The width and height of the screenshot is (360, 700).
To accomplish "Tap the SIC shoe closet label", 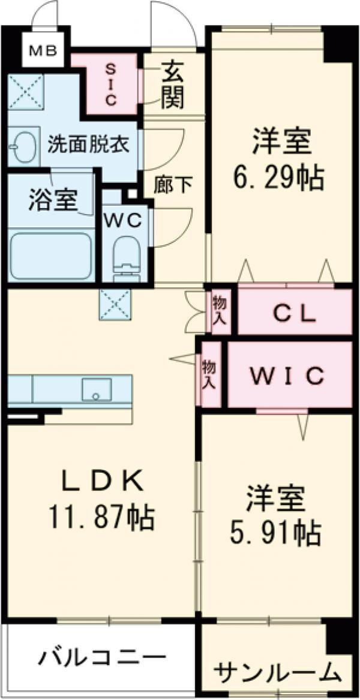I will pos(111,85).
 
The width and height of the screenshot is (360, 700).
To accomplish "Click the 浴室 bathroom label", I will pos(53,200).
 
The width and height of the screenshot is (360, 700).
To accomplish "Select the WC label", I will pos(125,220).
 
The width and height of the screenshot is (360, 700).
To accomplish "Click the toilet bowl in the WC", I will pos(126,258).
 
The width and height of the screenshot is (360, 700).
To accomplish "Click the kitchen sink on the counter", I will pos(96,389).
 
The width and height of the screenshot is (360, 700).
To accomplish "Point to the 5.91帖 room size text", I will pos(277,531).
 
